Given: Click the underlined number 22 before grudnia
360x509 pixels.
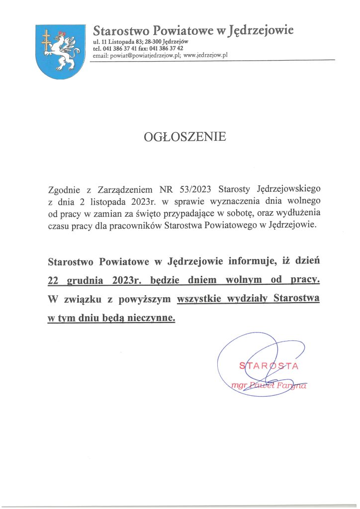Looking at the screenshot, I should (53, 281).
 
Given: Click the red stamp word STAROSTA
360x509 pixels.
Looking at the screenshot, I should (268, 367).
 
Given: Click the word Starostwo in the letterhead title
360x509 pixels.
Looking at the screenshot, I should (117, 31).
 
